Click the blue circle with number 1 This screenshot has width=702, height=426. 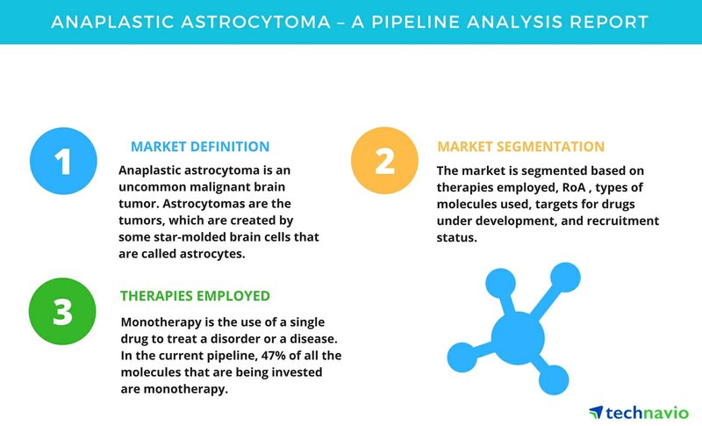click(63, 161)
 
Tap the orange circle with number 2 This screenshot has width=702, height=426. click(384, 161)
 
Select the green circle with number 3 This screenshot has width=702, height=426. click(62, 311)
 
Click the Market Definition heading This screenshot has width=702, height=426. click(200, 147)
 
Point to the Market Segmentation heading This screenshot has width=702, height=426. click(520, 147)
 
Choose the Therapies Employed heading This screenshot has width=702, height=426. click(195, 296)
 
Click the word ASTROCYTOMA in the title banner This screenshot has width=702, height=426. click(255, 21)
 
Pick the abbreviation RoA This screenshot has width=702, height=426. click(574, 187)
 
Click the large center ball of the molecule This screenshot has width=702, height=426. click(518, 338)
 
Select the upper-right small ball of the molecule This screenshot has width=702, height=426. click(565, 278)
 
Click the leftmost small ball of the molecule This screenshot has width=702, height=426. click(462, 357)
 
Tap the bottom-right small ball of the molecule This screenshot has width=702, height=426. click(554, 379)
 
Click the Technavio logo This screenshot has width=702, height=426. click(639, 413)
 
